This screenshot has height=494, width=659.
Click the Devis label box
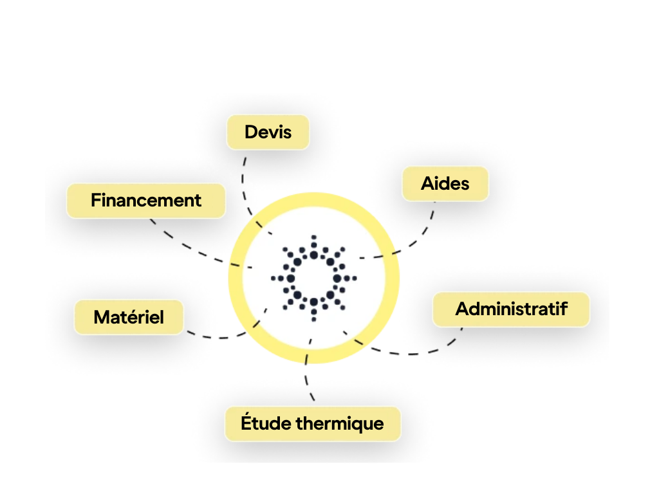coord(268,133)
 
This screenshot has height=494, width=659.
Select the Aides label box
coord(445,183)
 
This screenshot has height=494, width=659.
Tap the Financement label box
coord(146,201)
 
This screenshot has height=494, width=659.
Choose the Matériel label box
coord(129,317)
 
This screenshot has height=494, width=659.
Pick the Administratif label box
coord(512,309)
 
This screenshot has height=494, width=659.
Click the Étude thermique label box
coord(313,424)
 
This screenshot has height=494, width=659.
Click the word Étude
coord(266,422)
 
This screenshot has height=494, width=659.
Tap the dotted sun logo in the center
coord(313,278)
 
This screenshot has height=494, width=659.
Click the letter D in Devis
coord(252,133)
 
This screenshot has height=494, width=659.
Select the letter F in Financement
coord(97,201)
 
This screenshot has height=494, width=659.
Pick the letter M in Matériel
coord(102,317)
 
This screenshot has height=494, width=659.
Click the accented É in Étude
coord(246,422)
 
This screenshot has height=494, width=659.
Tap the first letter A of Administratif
coord(463,309)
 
